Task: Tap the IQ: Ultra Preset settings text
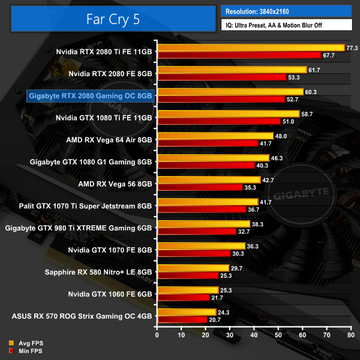(x=286, y=25)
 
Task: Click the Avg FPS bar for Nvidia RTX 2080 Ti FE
(x=250, y=48)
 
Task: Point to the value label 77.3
(x=352, y=48)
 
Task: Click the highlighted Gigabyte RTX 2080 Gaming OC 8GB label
(x=91, y=95)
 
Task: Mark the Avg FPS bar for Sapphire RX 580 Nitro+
(x=193, y=268)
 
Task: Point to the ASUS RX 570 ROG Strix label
(x=82, y=316)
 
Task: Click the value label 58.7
(x=307, y=113)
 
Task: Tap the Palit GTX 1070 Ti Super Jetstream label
(x=77, y=206)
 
